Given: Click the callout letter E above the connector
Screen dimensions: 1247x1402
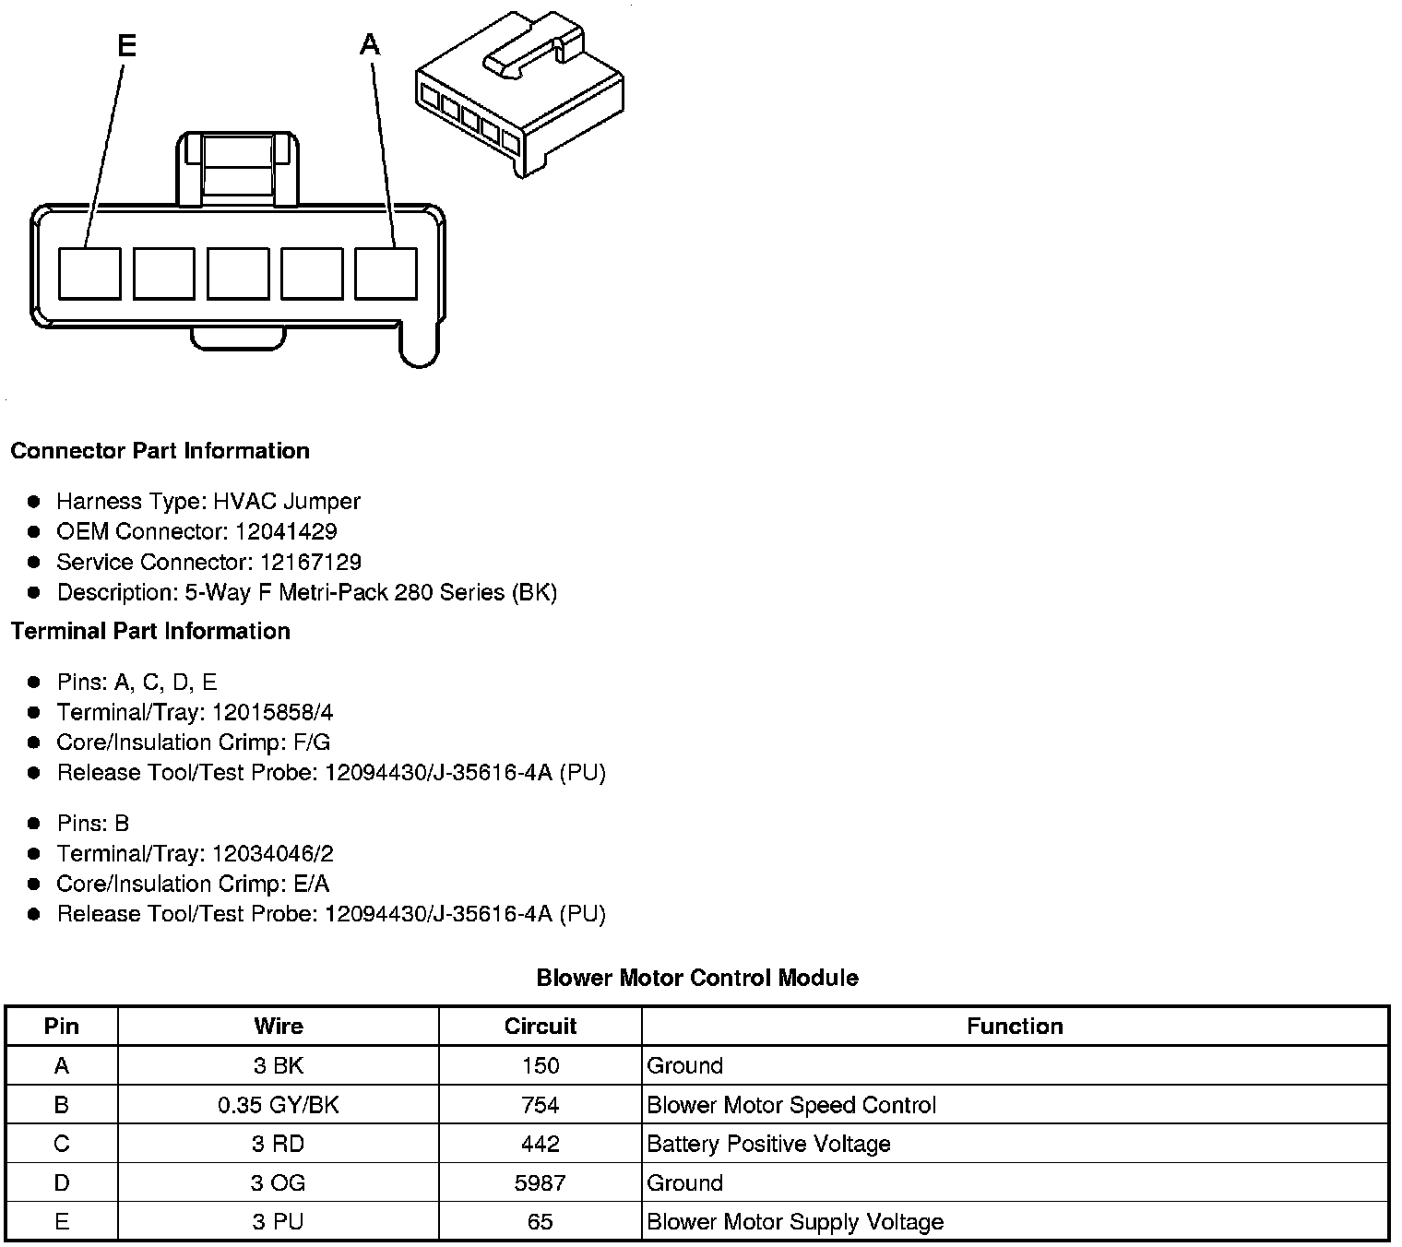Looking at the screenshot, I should coord(127,45).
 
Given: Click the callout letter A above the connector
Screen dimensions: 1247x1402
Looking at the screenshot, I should coord(370,43).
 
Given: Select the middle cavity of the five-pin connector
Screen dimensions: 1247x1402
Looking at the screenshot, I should coord(238,273).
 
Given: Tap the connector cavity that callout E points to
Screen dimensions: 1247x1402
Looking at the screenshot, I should coord(89,273).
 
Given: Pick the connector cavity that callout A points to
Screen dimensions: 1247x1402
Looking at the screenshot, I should coord(386,273).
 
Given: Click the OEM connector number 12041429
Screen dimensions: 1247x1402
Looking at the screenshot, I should coord(286,531).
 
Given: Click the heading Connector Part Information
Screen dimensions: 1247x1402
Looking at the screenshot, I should coord(160,451).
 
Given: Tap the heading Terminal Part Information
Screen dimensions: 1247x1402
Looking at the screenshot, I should coord(150,631).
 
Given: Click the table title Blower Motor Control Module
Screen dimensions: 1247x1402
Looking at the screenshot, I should coord(697,978).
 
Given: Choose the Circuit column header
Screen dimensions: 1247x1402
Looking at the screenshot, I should coord(540,1026).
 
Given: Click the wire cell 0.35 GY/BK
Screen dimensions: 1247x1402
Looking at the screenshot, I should coord(279,1105).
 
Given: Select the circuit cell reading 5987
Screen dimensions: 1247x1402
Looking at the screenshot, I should coord(540,1182).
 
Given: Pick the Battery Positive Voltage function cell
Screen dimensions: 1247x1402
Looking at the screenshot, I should coord(768,1144).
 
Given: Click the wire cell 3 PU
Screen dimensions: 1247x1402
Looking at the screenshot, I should coord(279,1222).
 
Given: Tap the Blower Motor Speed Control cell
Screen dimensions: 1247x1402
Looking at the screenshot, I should coord(791,1105).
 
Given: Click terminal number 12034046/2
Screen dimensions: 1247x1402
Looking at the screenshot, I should coord(273,853).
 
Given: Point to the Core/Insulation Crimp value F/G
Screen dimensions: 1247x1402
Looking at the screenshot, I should coord(311,742).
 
